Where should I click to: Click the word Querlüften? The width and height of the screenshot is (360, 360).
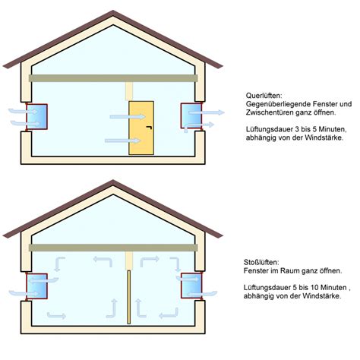pyautogui.click(x=264, y=96)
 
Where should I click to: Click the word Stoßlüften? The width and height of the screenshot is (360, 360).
pyautogui.click(x=261, y=262)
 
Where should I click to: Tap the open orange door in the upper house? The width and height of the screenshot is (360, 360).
pyautogui.click(x=141, y=128)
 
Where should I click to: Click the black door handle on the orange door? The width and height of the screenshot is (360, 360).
pyautogui.click(x=150, y=128)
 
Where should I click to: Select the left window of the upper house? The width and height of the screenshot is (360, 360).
pyautogui.click(x=36, y=116)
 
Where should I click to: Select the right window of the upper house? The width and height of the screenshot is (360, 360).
pyautogui.click(x=191, y=115)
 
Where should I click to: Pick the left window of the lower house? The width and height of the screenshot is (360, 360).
pyautogui.click(x=36, y=286)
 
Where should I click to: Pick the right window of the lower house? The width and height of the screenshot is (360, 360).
pyautogui.click(x=191, y=286)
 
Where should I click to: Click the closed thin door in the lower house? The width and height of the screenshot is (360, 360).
pyautogui.click(x=129, y=297)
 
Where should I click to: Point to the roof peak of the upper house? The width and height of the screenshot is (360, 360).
pyautogui.click(x=113, y=11)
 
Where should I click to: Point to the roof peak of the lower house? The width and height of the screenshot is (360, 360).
pyautogui.click(x=113, y=181)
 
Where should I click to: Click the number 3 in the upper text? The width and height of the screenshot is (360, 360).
pyautogui.click(x=297, y=129)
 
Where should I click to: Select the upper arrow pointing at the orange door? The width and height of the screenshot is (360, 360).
pyautogui.click(x=128, y=117)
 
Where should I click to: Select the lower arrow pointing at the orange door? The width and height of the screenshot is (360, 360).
pyautogui.click(x=123, y=141)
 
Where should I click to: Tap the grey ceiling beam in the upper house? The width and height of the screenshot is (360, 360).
pyautogui.click(x=113, y=78)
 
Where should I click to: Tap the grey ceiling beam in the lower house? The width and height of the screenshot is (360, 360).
pyautogui.click(x=113, y=248)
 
